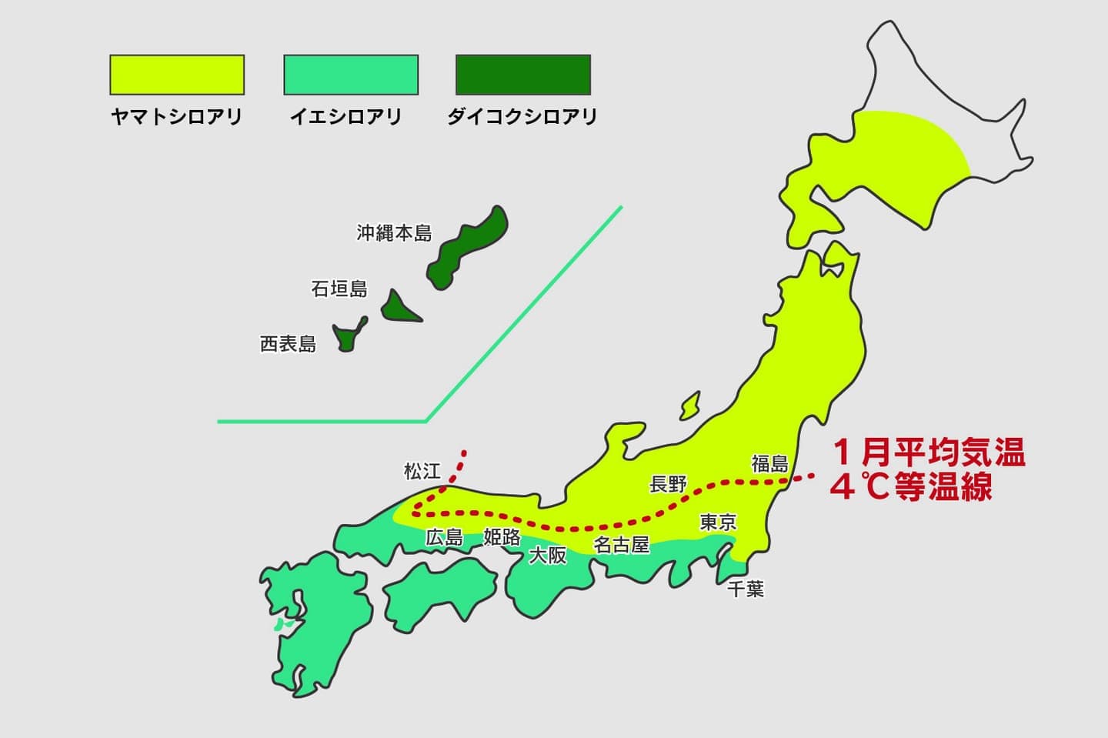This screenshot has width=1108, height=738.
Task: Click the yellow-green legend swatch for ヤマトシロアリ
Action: click(x=177, y=75)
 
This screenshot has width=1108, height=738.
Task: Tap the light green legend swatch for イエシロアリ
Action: click(x=351, y=75)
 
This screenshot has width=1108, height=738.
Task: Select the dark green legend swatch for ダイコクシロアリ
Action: click(x=523, y=75)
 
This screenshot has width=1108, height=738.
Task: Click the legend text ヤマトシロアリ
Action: click(x=177, y=117)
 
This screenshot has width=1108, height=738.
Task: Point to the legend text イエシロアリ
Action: click(x=346, y=117)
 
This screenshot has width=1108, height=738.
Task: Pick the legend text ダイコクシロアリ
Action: click(x=522, y=117)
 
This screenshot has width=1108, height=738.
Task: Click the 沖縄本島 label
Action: click(x=394, y=233)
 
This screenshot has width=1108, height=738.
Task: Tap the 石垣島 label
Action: click(x=339, y=289)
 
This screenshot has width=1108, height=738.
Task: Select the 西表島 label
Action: click(x=288, y=343)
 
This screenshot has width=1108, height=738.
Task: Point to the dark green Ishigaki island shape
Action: click(x=399, y=307)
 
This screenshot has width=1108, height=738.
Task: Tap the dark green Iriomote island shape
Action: click(x=348, y=336)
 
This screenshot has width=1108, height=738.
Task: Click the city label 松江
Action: click(x=422, y=470)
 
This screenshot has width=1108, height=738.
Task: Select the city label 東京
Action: click(x=718, y=523)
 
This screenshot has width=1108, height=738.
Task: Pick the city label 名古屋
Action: click(x=622, y=545)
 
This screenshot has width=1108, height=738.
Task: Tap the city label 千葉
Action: click(x=746, y=589)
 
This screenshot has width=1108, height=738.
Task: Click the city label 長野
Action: click(x=668, y=484)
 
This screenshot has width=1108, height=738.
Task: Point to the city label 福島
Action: click(x=770, y=463)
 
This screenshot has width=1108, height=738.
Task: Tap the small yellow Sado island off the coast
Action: click(x=690, y=405)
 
